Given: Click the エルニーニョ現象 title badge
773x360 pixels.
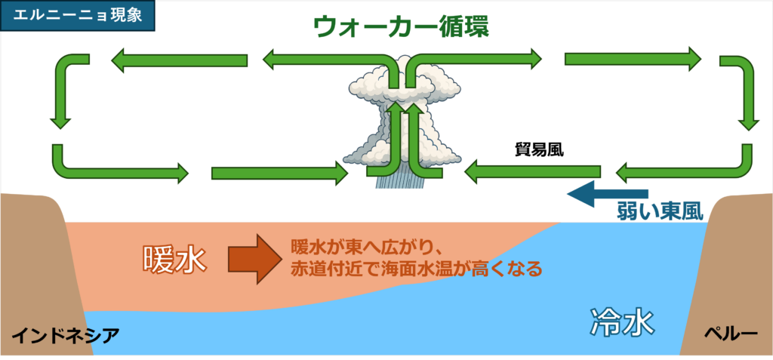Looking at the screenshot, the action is tap(78, 16).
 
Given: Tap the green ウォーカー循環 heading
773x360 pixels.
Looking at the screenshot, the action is tap(402, 26).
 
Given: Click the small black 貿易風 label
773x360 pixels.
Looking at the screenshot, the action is tap(539, 150).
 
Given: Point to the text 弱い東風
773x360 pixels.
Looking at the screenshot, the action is tap(660, 211).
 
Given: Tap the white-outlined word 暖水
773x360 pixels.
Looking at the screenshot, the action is tap(174, 259).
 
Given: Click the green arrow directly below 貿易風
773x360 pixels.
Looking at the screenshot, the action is tap(532, 172).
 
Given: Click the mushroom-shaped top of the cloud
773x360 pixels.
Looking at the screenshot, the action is tap(405, 84).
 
